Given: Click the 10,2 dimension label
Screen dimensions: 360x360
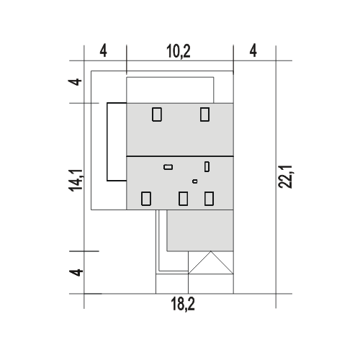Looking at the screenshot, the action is (x=179, y=51).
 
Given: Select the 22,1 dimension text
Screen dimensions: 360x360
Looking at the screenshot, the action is (x=285, y=177).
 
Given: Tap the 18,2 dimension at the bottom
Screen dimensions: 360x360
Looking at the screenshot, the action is (x=183, y=304).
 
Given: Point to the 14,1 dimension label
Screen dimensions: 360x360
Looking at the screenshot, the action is (x=76, y=180).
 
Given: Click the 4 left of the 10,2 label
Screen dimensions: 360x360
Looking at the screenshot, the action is (x=103, y=51).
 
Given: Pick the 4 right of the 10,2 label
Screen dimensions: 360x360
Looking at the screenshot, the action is (x=253, y=50).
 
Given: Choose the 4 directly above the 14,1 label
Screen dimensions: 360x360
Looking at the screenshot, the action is (x=75, y=82).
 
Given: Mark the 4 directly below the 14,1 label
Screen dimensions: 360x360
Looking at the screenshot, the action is (x=76, y=273).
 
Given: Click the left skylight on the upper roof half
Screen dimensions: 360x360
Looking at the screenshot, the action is (x=157, y=114).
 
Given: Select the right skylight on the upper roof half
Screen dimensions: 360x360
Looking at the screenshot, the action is (x=204, y=114).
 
